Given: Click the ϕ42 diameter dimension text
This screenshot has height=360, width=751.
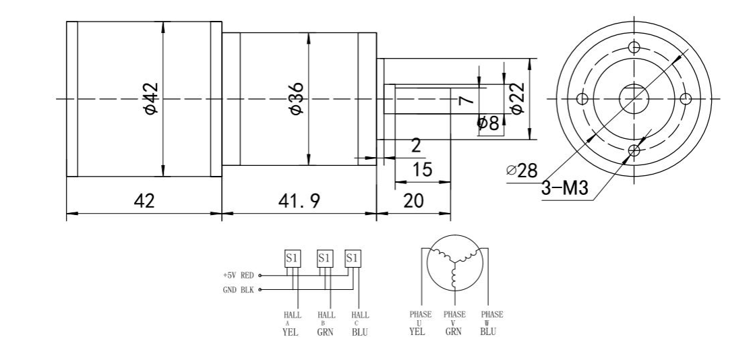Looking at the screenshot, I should (x=150, y=99).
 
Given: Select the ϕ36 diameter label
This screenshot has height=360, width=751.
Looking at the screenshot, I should (x=296, y=99).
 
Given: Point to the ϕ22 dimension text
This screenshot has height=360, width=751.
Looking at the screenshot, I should (x=517, y=99).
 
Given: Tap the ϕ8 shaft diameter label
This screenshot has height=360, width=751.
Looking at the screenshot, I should (x=487, y=123).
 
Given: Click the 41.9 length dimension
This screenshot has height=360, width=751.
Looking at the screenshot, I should (x=298, y=201).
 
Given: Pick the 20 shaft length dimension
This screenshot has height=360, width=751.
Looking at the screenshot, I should (x=414, y=201).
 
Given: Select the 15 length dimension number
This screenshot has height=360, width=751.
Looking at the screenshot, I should (x=422, y=170).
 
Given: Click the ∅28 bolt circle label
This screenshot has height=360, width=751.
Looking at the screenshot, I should (x=522, y=171).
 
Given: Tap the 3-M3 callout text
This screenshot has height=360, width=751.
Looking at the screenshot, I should (x=564, y=189).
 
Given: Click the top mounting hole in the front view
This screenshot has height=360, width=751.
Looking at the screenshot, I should (x=633, y=48).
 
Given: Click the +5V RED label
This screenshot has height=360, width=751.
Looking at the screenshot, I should (x=239, y=276).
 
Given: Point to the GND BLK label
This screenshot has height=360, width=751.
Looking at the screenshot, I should (x=239, y=291).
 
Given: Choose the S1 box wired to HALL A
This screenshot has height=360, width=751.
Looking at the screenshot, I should (x=293, y=258).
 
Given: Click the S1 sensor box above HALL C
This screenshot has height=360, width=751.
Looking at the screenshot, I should (x=353, y=258).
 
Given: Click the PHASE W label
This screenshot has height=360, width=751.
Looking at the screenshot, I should (x=491, y=318).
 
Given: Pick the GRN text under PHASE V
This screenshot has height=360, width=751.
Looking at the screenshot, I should (x=454, y=331).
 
